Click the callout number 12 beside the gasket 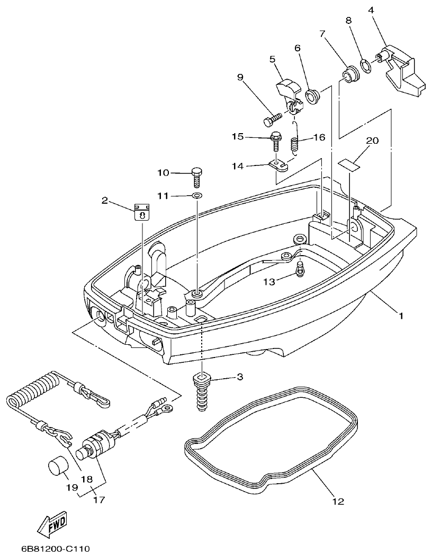(x=338, y=500)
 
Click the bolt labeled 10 (x=197, y=175)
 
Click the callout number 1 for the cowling (x=401, y=316)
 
